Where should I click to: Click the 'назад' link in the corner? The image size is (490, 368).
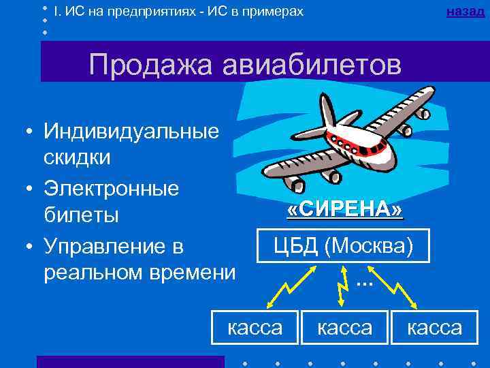pyautogui.click(x=467, y=12)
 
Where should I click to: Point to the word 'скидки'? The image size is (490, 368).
pyautogui.click(x=76, y=157)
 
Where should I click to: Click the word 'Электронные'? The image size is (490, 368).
pyautogui.click(x=111, y=187)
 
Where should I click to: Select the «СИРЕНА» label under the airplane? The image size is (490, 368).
pyautogui.click(x=345, y=209)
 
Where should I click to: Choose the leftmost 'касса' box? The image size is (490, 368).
pyautogui.click(x=255, y=327)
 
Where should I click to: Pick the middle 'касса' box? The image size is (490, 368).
pyautogui.click(x=345, y=327)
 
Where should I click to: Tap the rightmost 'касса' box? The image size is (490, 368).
pyautogui.click(x=435, y=327)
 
